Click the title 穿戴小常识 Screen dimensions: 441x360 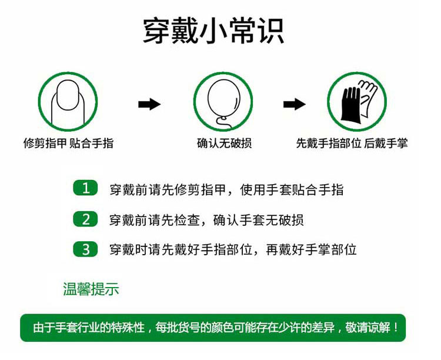(x=213, y=31)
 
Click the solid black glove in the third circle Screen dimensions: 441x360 (x=350, y=105)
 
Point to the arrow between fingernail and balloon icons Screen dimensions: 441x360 (x=149, y=104)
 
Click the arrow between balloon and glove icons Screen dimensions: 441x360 (x=294, y=104)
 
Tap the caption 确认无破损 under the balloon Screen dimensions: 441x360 (x=224, y=144)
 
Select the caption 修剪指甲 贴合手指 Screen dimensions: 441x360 (x=68, y=144)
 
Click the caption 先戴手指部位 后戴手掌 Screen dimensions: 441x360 (x=352, y=144)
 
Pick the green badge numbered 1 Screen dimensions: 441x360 (x=85, y=188)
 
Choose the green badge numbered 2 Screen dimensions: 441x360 (x=85, y=219)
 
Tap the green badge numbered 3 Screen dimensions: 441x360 (x=85, y=249)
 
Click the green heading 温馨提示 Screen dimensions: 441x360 (x=91, y=289)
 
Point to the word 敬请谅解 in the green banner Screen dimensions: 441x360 (x=368, y=327)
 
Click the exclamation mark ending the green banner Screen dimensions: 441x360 (x=396, y=327)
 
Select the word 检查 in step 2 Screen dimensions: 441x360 (x=187, y=220)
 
